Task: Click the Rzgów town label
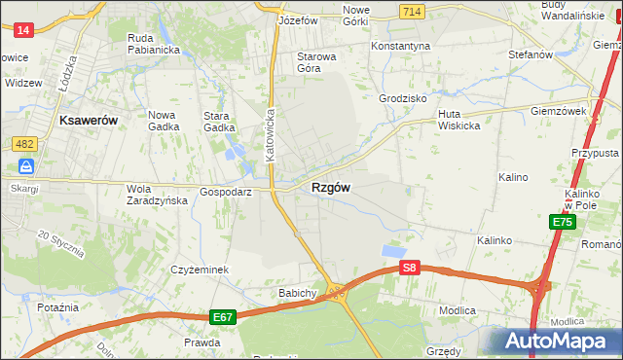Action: (x=331, y=188)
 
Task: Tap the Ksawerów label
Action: (x=89, y=121)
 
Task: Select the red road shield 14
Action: (x=24, y=30)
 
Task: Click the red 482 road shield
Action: (x=25, y=144)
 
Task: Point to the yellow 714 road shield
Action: (x=410, y=10)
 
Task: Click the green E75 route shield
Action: (x=562, y=223)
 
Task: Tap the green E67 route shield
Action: (x=223, y=317)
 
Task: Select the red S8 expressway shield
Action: (x=410, y=268)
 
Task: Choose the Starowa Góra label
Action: (x=316, y=62)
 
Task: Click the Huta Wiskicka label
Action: (x=454, y=119)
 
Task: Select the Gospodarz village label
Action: (x=226, y=193)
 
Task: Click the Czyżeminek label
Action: (x=199, y=270)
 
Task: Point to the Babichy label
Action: (x=298, y=293)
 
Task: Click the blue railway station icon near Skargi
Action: (x=25, y=166)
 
